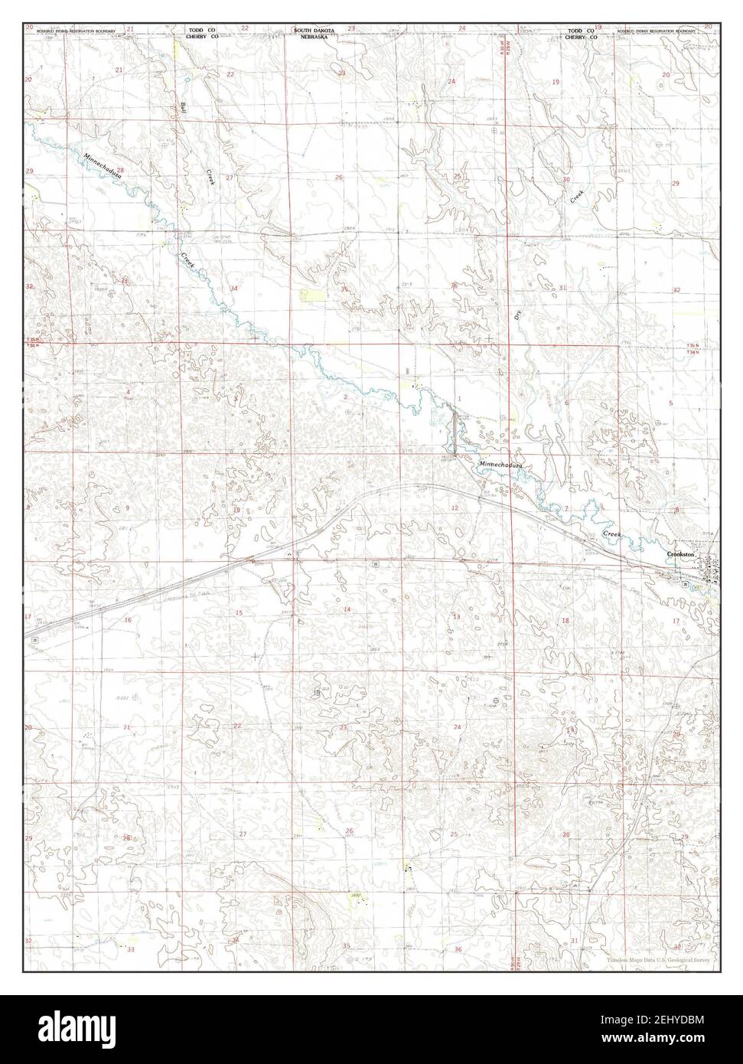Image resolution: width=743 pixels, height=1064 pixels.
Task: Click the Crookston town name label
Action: [679, 553]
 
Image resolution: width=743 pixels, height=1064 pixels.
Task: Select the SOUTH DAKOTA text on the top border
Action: [314, 30]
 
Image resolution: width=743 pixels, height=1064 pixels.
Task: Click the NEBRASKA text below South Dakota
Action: [314, 36]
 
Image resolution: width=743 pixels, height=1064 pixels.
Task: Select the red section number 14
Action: [347, 609]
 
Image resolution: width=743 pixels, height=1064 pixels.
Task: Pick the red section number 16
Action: [128, 619]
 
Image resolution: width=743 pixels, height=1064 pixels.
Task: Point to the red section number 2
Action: [346, 397]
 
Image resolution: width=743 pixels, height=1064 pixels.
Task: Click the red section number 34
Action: [233, 289]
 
